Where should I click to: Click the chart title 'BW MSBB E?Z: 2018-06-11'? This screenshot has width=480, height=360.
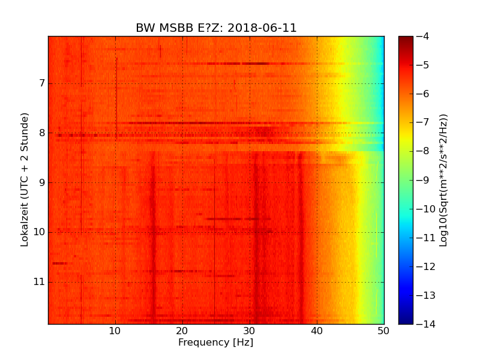tap(216, 28)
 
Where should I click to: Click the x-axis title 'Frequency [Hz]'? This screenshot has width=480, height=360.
tap(215, 343)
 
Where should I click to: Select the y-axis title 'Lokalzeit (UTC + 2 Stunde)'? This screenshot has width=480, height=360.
tap(25, 180)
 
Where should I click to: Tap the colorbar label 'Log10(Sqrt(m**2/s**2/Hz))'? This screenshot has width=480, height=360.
tap(443, 180)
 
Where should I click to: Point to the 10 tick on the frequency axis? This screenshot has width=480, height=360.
tap(115, 331)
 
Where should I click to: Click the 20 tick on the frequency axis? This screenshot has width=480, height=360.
tap(182, 331)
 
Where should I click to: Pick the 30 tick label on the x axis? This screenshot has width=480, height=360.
tap(250, 331)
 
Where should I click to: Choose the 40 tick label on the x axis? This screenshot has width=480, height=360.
tap(317, 331)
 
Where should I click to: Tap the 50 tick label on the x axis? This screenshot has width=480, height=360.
tap(383, 331)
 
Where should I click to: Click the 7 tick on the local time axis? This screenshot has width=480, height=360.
tap(40, 83)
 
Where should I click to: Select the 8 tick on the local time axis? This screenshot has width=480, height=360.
tap(40, 133)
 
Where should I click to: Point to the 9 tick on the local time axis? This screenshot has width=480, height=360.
tap(40, 182)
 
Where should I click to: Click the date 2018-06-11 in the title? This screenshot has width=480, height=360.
tap(263, 28)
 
